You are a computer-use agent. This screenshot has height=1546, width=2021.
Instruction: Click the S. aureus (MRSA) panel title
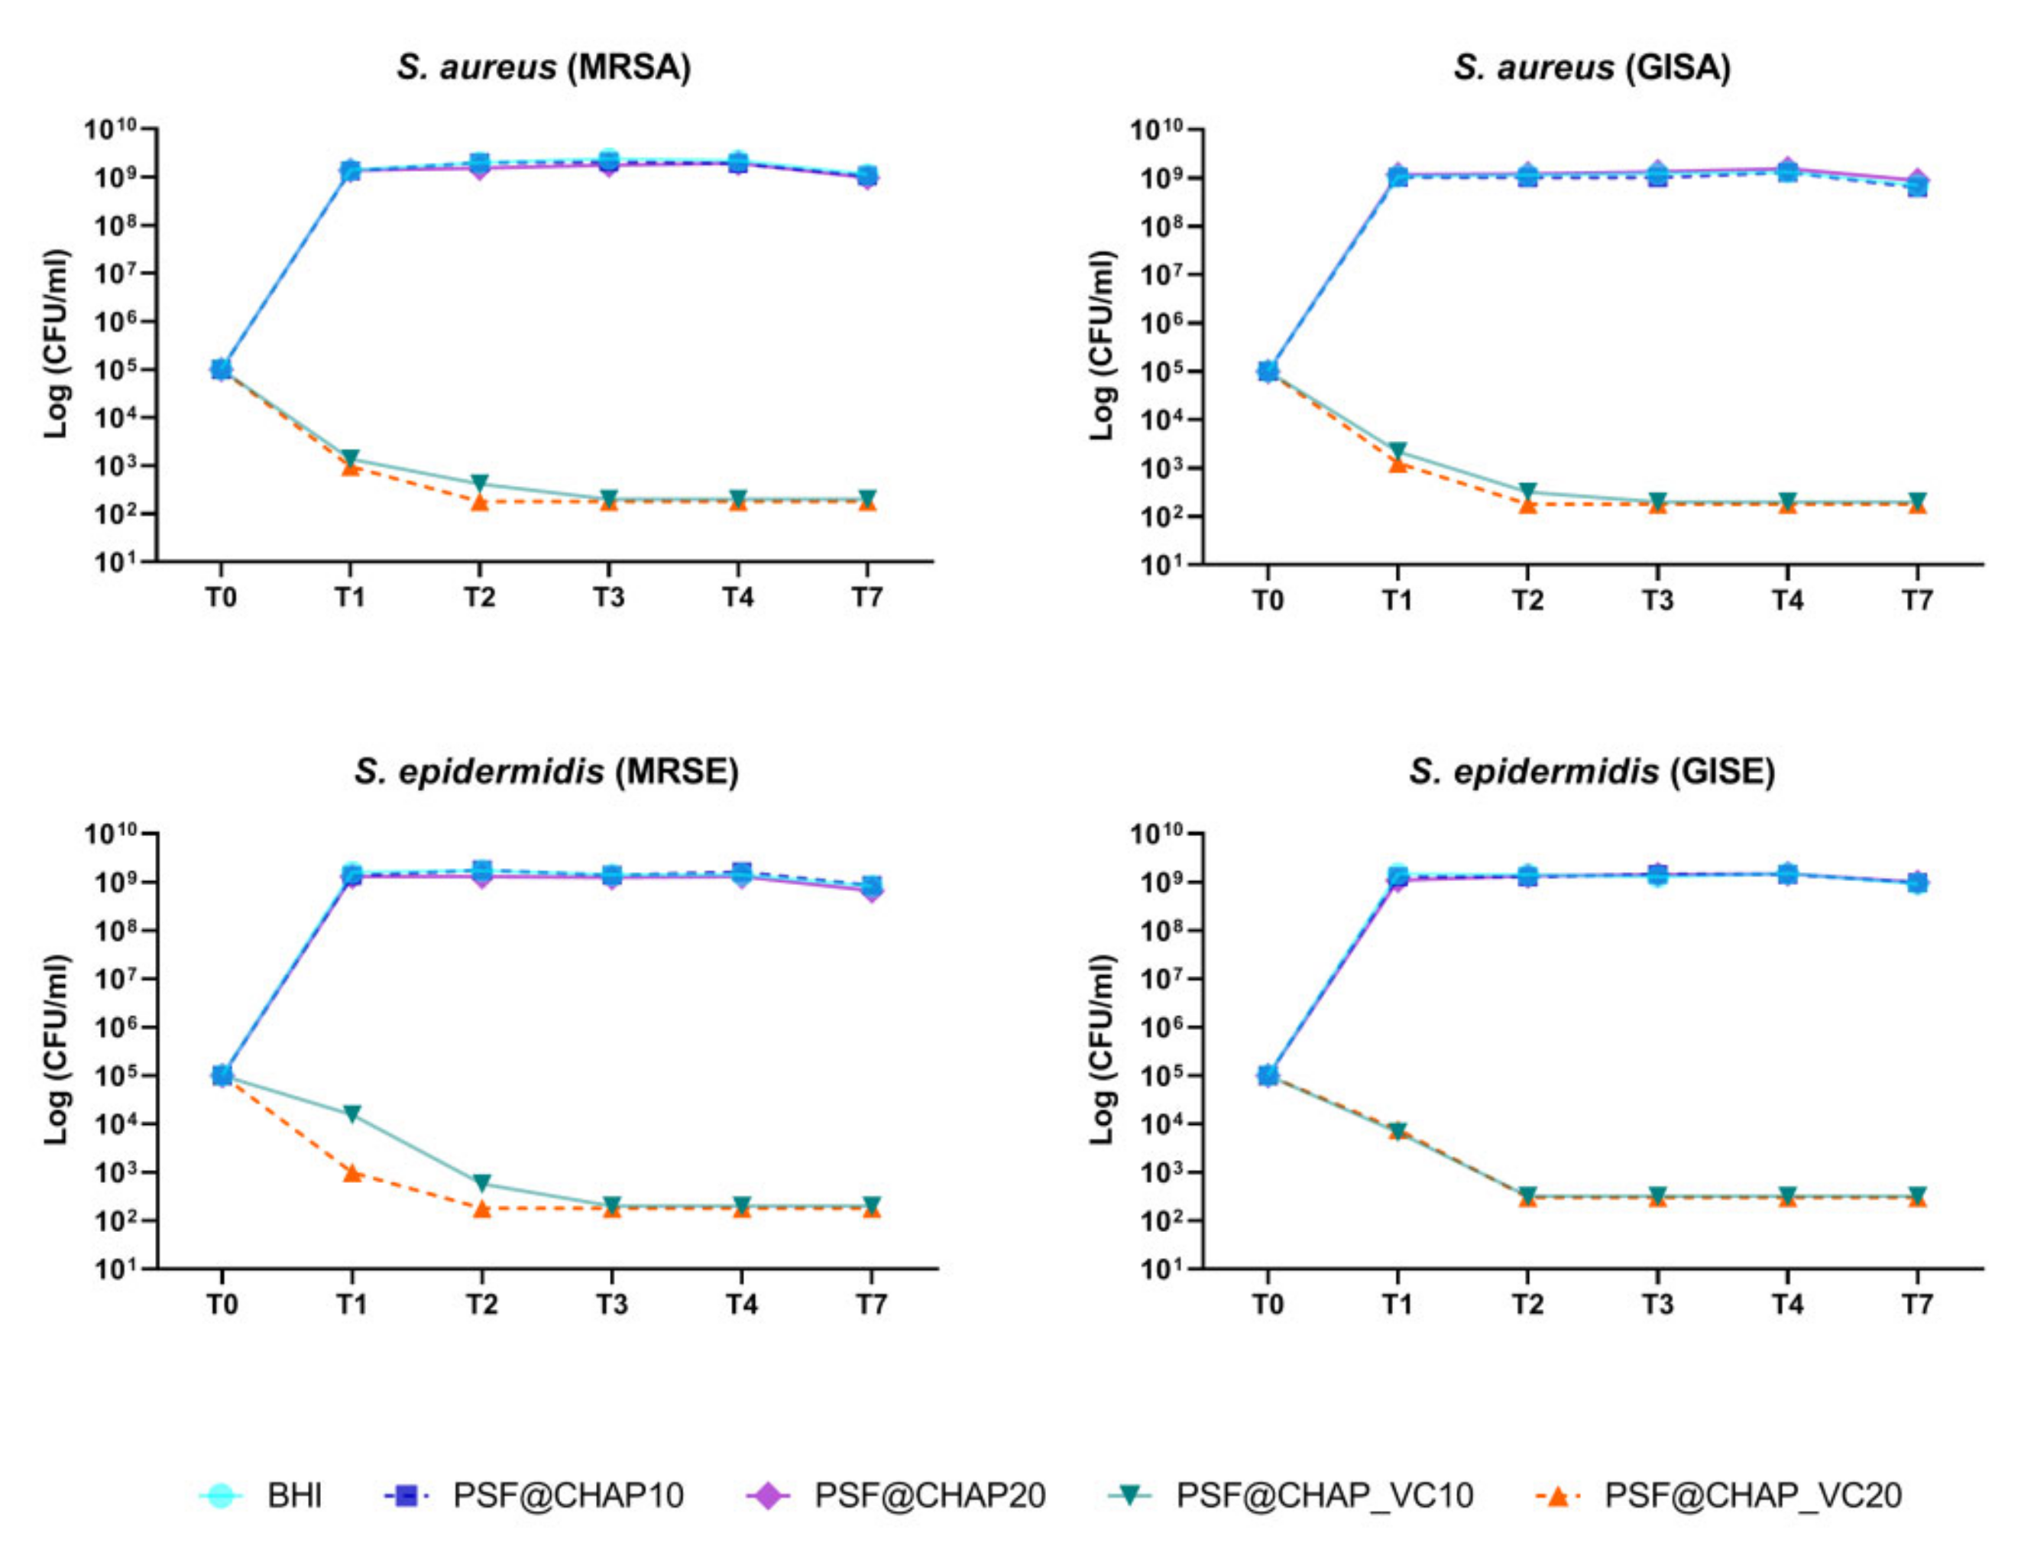pos(544,67)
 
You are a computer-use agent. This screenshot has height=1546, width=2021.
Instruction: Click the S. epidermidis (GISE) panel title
pos(1591,771)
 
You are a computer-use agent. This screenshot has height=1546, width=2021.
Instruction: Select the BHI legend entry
pos(262,1496)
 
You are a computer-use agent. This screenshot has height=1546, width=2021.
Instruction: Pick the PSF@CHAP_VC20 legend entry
pos(1720,1496)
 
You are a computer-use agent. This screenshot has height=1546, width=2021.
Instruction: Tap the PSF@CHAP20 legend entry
pos(897,1496)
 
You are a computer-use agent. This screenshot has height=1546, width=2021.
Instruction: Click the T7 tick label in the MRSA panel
pos(866,598)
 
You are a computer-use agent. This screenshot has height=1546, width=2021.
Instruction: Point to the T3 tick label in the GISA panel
pos(1657,601)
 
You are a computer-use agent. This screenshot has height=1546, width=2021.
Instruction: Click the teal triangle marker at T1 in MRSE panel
pos(351,1113)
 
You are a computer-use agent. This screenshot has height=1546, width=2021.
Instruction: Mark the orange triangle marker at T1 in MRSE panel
pos(351,1172)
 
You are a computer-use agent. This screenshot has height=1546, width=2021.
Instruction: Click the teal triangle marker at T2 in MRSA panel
pos(479,483)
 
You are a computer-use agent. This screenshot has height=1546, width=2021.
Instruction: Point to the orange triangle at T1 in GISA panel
pos(1398,465)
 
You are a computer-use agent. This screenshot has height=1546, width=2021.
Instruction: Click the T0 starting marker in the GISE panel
pos(1268,1074)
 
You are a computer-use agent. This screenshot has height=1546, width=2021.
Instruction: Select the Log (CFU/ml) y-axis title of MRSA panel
pos(57,343)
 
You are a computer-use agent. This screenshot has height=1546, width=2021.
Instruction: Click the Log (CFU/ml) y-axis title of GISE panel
pos(1102,1049)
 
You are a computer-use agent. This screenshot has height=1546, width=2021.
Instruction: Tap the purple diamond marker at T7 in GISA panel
pos(1917,180)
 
